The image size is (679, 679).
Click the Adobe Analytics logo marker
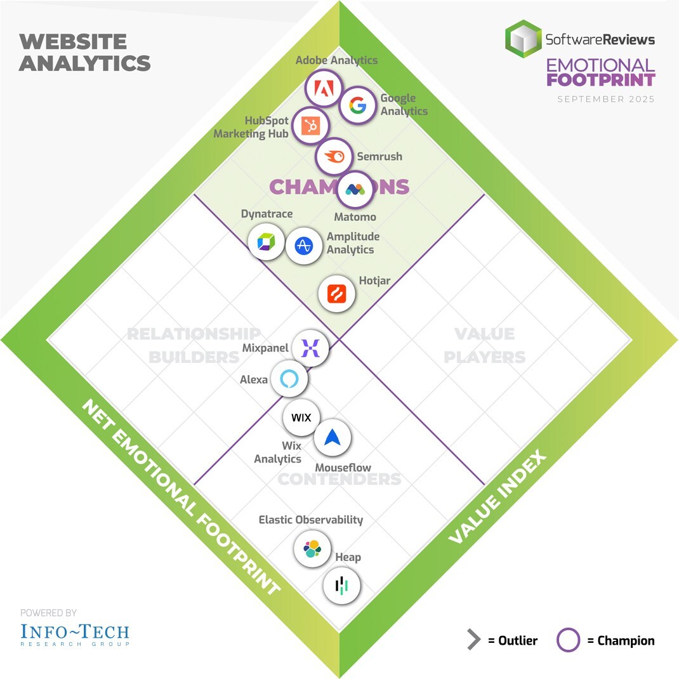click(324, 90)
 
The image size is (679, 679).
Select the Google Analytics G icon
click(357, 105)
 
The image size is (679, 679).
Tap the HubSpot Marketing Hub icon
click(311, 127)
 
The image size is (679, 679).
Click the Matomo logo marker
click(354, 189)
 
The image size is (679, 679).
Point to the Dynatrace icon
click(266, 242)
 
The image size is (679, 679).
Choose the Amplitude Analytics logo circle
click(304, 246)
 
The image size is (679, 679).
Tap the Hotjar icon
click(336, 294)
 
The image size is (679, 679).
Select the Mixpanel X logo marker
click(310, 348)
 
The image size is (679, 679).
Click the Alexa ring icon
click(289, 379)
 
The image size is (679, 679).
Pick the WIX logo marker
click(301, 418)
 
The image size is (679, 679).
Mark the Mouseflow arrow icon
click(333, 437)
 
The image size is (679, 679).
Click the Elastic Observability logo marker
click(312, 548)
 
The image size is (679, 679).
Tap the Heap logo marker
click(342, 586)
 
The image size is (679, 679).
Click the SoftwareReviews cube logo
click(524, 39)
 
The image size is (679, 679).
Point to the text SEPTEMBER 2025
click(605, 99)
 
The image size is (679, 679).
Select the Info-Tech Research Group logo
click(74, 634)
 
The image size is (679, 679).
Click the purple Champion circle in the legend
click(568, 640)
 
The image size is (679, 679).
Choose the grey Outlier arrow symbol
click(473, 640)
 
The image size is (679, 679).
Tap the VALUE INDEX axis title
click(497, 498)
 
